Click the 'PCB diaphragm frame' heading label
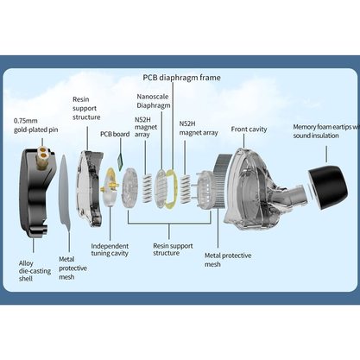pyautogui.click(x=182, y=78)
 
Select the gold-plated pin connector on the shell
pyautogui.click(x=43, y=157)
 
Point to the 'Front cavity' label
pyautogui.click(x=249, y=129)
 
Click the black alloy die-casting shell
pyautogui.click(x=35, y=193)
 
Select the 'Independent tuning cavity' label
pyautogui.click(x=110, y=249)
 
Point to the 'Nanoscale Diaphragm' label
pyautogui.click(x=154, y=101)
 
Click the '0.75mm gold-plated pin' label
pyautogui.click(x=35, y=125)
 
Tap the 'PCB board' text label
pyautogui.click(x=115, y=134)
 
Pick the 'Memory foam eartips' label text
pyautogui.click(x=326, y=131)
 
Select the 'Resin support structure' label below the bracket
pyautogui.click(x=173, y=249)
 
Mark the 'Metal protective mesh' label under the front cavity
pyautogui.click(x=228, y=260)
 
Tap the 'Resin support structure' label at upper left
pyautogui.click(x=86, y=108)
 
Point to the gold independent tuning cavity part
pyautogui.click(x=110, y=187)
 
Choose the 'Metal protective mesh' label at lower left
pyautogui.click(x=73, y=268)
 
